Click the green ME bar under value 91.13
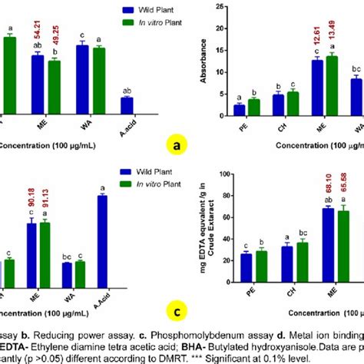click(x=45, y=247)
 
